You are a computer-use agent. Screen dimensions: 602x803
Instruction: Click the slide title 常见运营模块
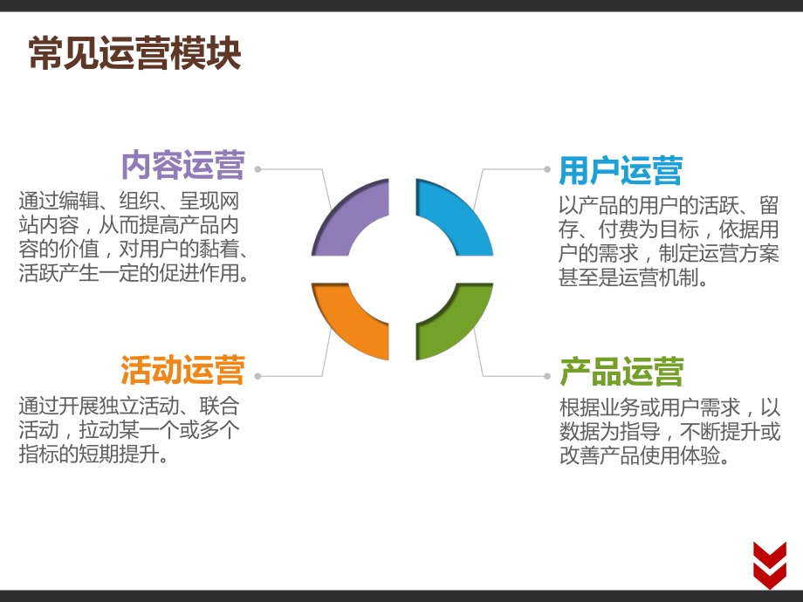(x=134, y=54)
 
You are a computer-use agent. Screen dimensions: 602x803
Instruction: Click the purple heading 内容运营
(x=182, y=164)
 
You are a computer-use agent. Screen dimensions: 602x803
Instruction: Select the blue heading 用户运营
(x=621, y=170)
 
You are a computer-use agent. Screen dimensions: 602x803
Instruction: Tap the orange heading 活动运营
(x=182, y=370)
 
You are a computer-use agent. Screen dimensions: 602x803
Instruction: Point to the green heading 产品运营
(x=621, y=372)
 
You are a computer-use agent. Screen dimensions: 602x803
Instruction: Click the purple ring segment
(x=350, y=221)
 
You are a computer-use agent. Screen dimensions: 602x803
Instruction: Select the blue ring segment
(x=455, y=221)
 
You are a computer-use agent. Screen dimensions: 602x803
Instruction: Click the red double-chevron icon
(x=769, y=564)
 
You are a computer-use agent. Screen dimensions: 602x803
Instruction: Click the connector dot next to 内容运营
(x=257, y=169)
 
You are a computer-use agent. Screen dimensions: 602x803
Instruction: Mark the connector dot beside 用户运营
(x=547, y=169)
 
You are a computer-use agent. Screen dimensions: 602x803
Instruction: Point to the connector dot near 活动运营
(x=257, y=376)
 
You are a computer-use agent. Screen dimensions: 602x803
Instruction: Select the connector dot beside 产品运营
(x=547, y=376)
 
